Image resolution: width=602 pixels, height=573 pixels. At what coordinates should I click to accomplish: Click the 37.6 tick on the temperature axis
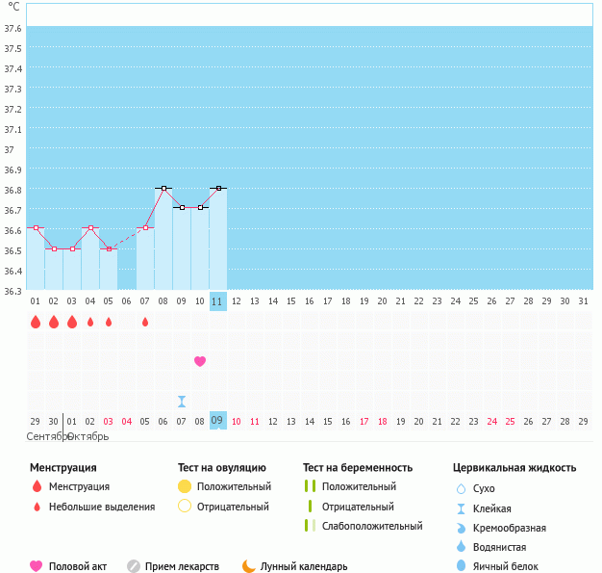[x=13, y=28]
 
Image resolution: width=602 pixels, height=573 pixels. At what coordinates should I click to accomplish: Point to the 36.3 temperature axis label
[x=13, y=291]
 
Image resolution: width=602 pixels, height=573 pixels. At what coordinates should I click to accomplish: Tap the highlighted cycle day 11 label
[x=217, y=300]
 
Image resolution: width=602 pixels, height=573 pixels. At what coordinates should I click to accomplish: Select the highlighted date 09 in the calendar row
[x=217, y=421]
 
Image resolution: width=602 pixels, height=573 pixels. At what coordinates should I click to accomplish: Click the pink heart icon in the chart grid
[x=200, y=361]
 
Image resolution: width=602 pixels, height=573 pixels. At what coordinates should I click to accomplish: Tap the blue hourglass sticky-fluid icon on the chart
[x=182, y=401]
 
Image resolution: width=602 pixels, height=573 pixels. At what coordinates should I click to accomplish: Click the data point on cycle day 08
[x=163, y=188]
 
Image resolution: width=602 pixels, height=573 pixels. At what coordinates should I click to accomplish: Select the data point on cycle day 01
[x=36, y=228]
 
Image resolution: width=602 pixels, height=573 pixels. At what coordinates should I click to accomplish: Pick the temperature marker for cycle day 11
[x=218, y=188]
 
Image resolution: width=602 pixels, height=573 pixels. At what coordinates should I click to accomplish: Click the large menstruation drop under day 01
[x=36, y=322]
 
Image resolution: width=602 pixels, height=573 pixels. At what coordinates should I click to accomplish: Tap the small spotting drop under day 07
[x=145, y=322]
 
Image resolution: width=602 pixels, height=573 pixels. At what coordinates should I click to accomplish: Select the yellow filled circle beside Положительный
[x=185, y=486]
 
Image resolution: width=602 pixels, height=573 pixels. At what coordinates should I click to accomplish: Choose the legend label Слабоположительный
[x=372, y=526]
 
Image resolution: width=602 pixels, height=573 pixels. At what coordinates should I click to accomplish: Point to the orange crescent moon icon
[x=249, y=566]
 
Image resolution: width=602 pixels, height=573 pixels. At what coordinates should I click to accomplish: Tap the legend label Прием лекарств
[x=182, y=566]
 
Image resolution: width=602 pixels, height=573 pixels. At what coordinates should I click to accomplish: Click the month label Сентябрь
[x=44, y=436]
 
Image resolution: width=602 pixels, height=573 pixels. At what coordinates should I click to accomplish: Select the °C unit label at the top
[x=13, y=7]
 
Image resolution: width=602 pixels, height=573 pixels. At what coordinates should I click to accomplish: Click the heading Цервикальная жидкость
[x=514, y=467]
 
